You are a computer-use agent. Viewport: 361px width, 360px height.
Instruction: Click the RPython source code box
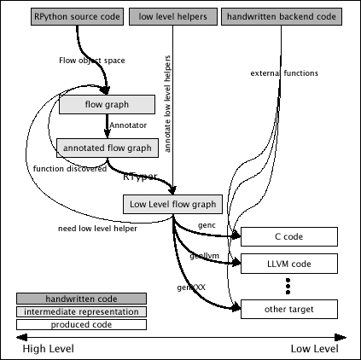(x=77, y=16)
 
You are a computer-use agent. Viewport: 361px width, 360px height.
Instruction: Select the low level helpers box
(x=173, y=16)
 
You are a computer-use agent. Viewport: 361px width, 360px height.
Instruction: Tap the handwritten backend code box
(x=282, y=16)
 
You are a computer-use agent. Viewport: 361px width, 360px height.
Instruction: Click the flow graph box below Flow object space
(x=107, y=104)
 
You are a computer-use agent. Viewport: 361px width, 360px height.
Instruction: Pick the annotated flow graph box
(x=108, y=148)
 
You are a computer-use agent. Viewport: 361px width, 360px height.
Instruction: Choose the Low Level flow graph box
(x=172, y=204)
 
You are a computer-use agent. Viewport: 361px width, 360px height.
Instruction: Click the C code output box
(x=289, y=236)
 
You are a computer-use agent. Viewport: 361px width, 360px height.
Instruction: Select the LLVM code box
(x=289, y=264)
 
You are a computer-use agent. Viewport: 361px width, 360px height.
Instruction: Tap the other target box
(x=289, y=309)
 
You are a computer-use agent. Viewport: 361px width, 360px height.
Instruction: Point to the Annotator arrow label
(x=128, y=125)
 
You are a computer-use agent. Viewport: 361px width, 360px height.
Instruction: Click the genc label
(x=207, y=225)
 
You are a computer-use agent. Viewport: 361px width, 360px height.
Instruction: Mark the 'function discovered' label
(x=70, y=169)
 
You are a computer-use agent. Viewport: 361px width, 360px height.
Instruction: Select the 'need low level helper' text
(x=97, y=229)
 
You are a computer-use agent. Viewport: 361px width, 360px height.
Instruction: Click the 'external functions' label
(x=284, y=73)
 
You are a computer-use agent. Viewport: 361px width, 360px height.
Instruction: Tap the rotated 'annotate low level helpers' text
(x=167, y=104)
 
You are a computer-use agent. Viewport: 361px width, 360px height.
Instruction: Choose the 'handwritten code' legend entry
(x=81, y=299)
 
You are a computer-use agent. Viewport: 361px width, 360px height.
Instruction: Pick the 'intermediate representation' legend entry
(x=81, y=311)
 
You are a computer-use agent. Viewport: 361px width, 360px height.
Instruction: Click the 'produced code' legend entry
(x=81, y=324)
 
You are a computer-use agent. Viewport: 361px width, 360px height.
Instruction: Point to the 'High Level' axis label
(x=49, y=349)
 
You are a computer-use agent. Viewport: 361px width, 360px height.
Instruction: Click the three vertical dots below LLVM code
(x=288, y=286)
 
